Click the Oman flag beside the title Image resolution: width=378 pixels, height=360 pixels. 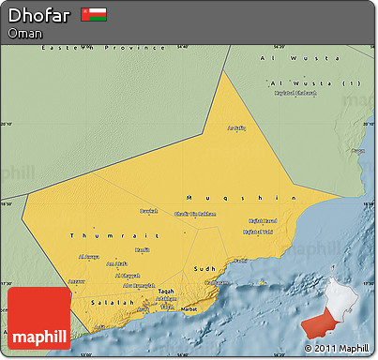[94, 15]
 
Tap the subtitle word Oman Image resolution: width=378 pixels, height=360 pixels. [23, 33]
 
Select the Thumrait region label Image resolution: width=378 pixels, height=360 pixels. [96, 235]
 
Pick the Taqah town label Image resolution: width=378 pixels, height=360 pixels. [166, 292]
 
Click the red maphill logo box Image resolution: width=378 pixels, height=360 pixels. [38, 319]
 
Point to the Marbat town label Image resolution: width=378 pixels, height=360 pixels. [189, 307]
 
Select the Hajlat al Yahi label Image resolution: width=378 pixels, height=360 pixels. [259, 232]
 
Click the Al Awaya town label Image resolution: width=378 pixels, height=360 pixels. [88, 256]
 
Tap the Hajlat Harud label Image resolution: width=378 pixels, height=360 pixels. [263, 221]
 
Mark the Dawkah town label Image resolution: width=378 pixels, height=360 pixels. [149, 211]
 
